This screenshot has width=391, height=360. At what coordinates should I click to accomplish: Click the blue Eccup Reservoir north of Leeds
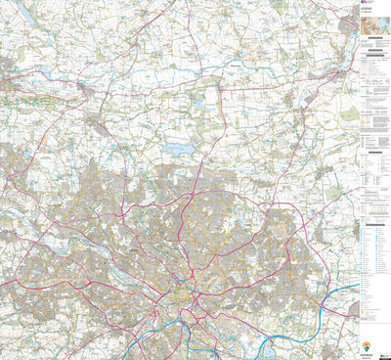coord(179,149)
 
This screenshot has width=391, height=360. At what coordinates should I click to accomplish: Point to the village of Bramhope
coord(98,121)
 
